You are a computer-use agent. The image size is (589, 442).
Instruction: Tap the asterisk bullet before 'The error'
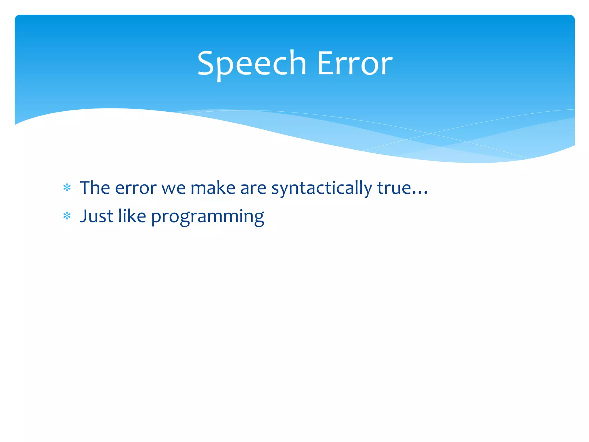click(67, 188)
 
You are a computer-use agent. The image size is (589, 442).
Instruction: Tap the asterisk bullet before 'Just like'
click(67, 216)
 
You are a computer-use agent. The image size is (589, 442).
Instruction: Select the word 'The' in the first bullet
click(95, 188)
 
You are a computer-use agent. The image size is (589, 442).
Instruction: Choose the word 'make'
click(213, 188)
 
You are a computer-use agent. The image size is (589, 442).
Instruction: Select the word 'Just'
click(97, 216)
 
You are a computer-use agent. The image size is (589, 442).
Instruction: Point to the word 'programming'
click(207, 217)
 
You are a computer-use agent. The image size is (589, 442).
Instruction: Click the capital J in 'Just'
click(83, 216)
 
